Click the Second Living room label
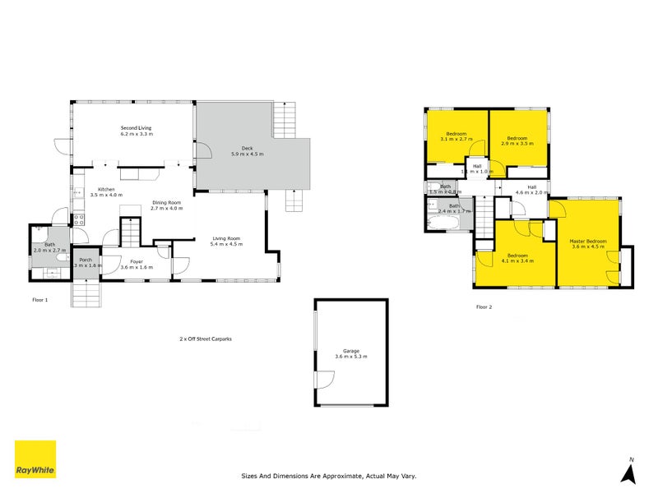tap(137, 127)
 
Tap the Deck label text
tap(246, 148)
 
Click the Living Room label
tap(226, 238)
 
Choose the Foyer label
tap(137, 261)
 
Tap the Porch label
tap(86, 260)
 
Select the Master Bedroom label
tap(588, 241)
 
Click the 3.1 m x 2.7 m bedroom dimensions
tap(456, 140)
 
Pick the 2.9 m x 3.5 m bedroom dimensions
tap(517, 143)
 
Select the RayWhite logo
tap(35, 459)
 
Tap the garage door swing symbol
tap(325, 380)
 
